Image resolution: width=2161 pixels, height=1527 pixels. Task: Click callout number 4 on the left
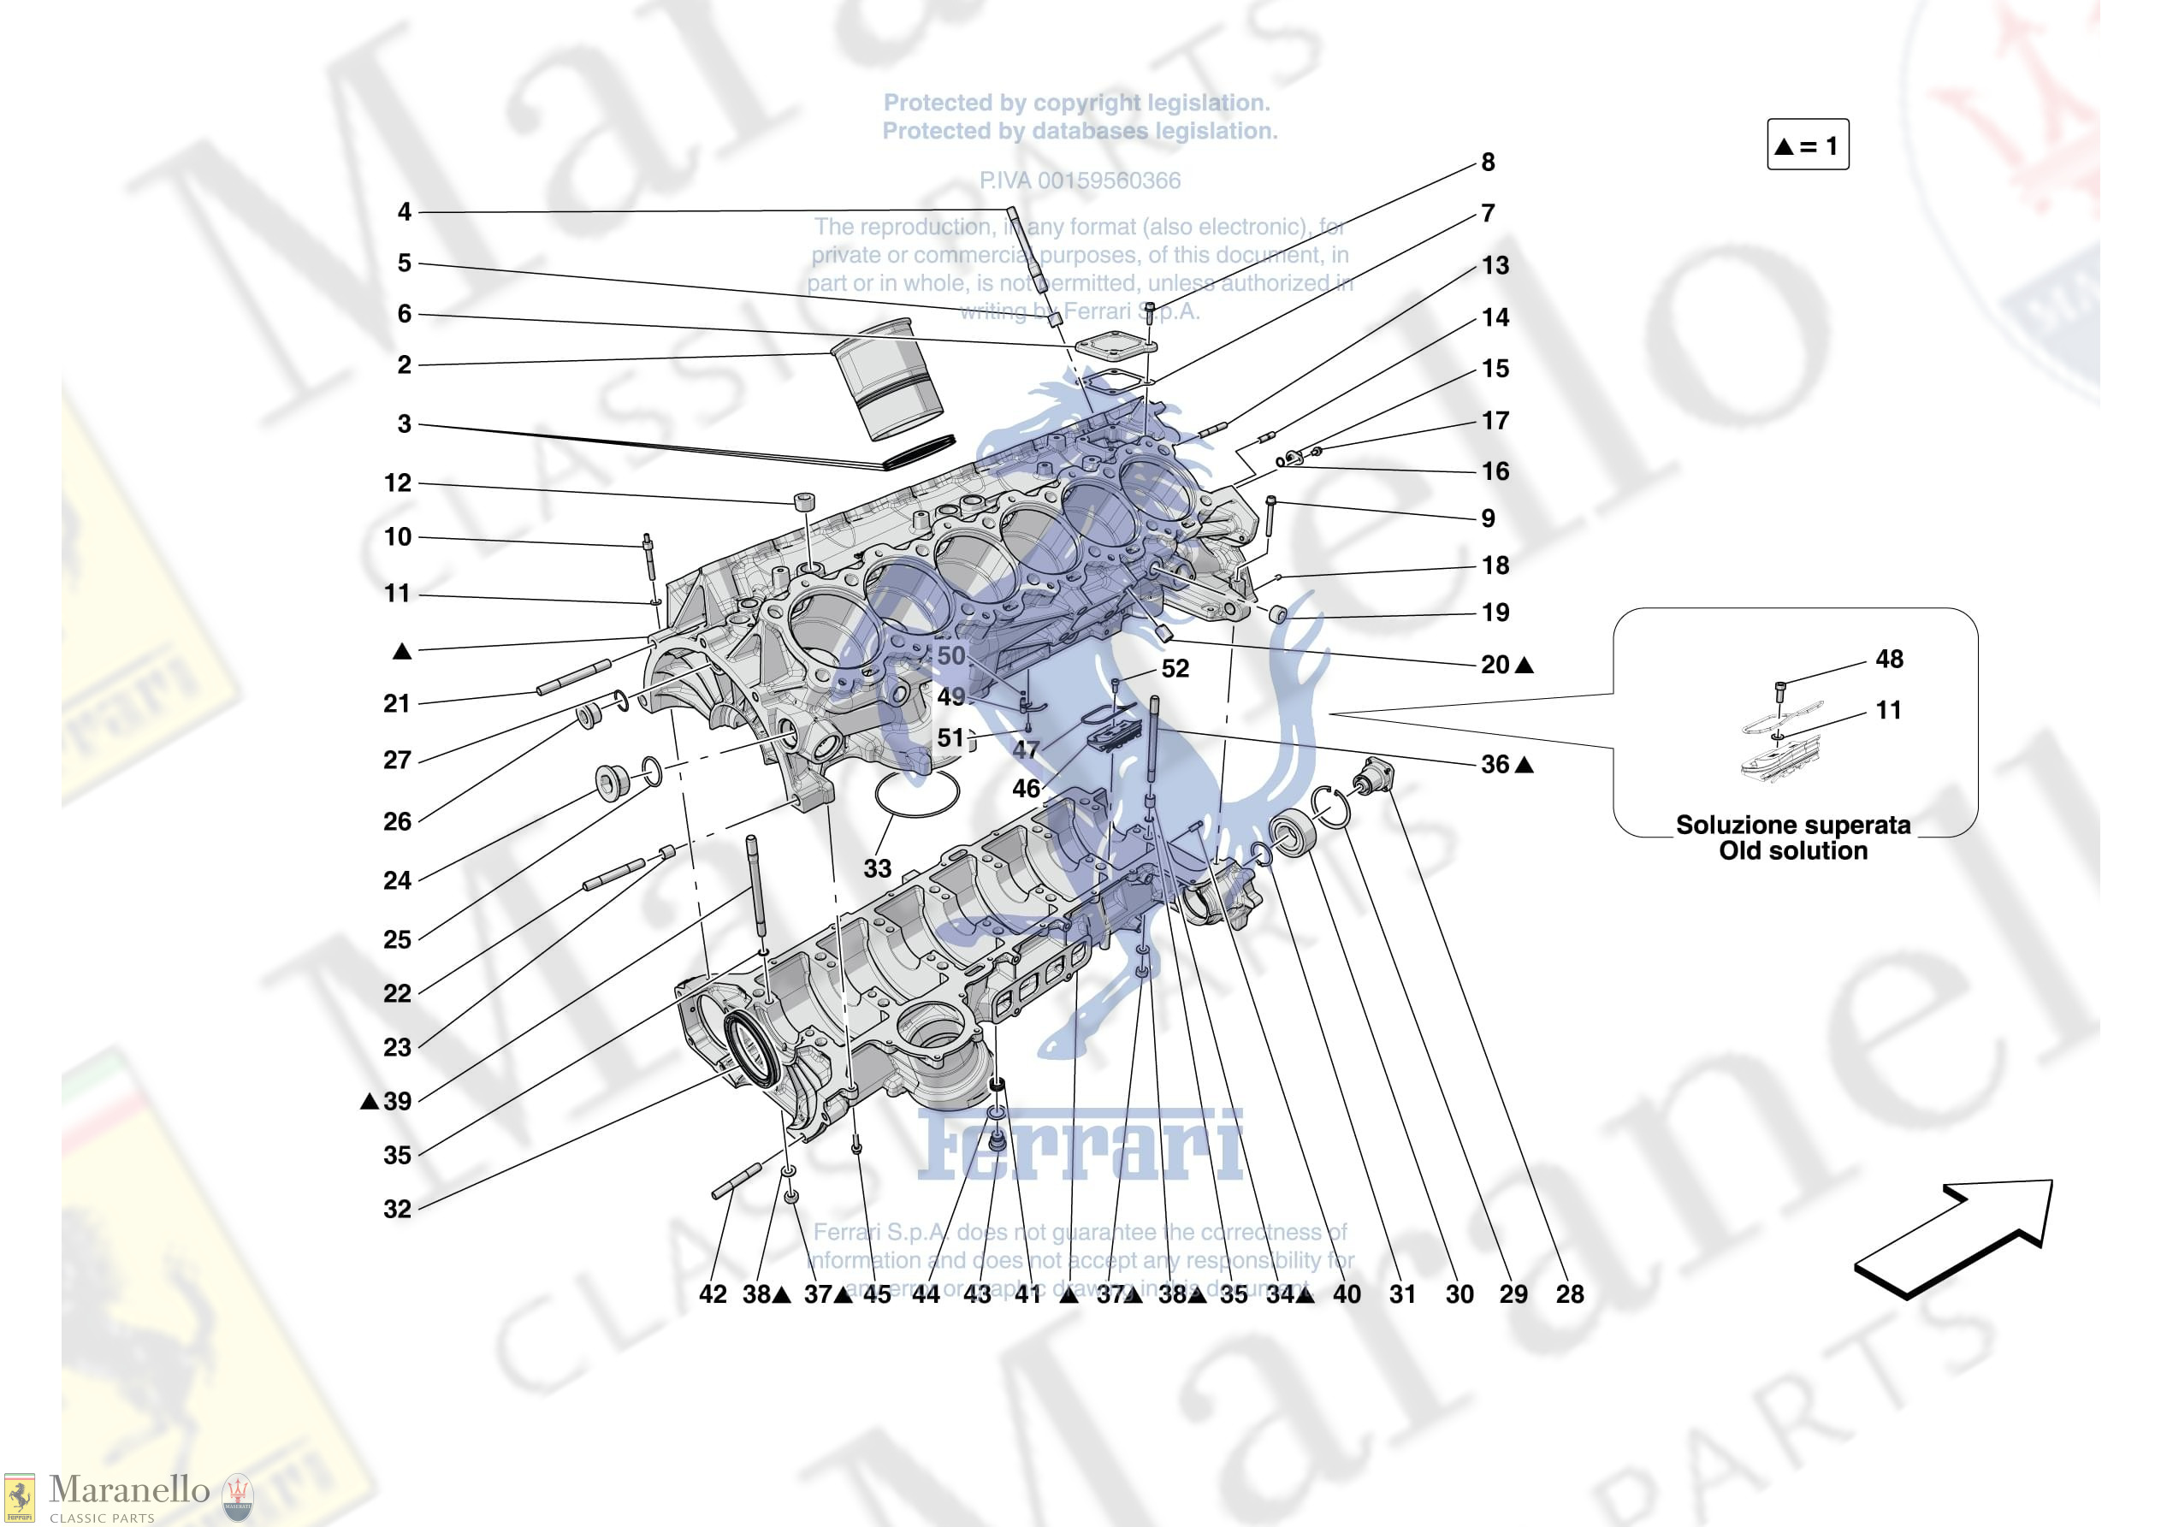(x=404, y=212)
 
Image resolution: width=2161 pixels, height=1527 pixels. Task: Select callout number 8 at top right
(x=1488, y=163)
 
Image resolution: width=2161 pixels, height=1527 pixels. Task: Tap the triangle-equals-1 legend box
(x=1807, y=145)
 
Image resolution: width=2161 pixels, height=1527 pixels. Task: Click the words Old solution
(x=1793, y=851)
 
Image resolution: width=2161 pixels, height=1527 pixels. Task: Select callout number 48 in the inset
(x=1888, y=659)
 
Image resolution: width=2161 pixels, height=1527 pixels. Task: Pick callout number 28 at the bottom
(x=1569, y=1294)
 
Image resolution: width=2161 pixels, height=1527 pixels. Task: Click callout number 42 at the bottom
(x=713, y=1294)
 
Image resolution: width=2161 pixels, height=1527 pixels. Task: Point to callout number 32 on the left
(x=397, y=1210)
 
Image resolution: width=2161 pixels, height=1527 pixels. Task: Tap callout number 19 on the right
(x=1495, y=613)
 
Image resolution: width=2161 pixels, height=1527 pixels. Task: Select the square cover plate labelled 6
(x=1115, y=346)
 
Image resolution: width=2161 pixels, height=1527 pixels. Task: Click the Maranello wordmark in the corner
(x=129, y=1490)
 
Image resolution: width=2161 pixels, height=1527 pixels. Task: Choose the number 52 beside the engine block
(x=1175, y=668)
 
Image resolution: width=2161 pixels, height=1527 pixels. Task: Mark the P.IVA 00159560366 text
(x=1080, y=181)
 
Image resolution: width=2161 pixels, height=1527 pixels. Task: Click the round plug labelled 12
(x=804, y=500)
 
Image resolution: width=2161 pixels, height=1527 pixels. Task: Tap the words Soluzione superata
(x=1793, y=825)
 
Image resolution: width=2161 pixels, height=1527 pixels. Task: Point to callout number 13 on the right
(x=1495, y=265)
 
